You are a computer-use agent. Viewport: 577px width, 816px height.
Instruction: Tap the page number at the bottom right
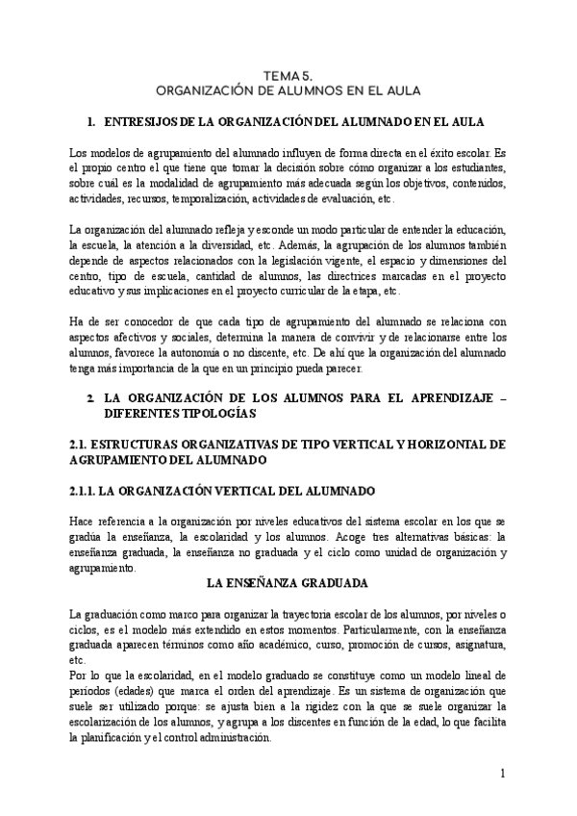(x=502, y=774)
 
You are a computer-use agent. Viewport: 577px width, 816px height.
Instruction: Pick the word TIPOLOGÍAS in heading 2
(x=215, y=412)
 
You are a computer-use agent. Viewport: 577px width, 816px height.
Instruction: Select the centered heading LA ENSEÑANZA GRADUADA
(x=288, y=583)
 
